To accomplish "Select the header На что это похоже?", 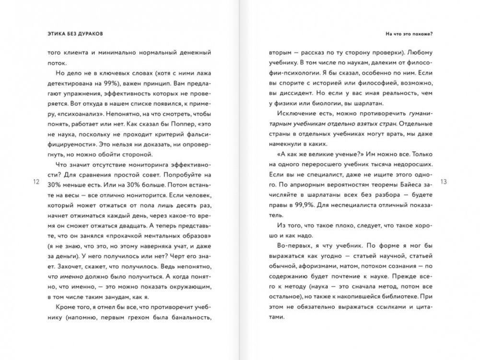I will coord(409,34).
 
